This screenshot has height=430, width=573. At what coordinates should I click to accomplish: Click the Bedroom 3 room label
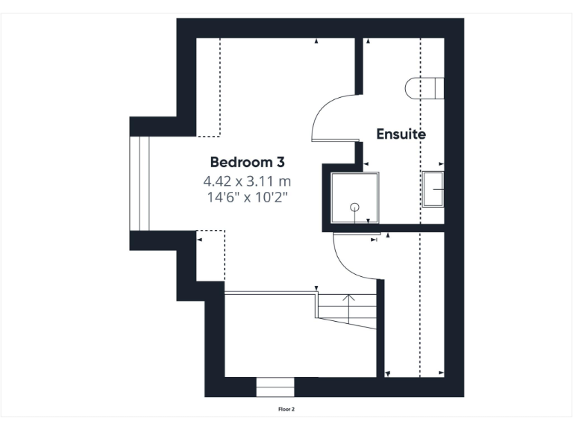(x=246, y=161)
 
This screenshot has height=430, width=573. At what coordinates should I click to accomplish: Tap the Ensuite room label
(x=401, y=134)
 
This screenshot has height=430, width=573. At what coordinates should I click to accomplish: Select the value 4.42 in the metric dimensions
(x=219, y=181)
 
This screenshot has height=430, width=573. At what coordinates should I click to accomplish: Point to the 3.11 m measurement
(x=268, y=181)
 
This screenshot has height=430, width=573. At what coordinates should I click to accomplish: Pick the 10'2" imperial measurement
(x=269, y=197)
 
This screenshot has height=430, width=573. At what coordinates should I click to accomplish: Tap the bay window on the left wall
(x=140, y=183)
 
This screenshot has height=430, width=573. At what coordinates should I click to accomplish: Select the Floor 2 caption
(x=286, y=409)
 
